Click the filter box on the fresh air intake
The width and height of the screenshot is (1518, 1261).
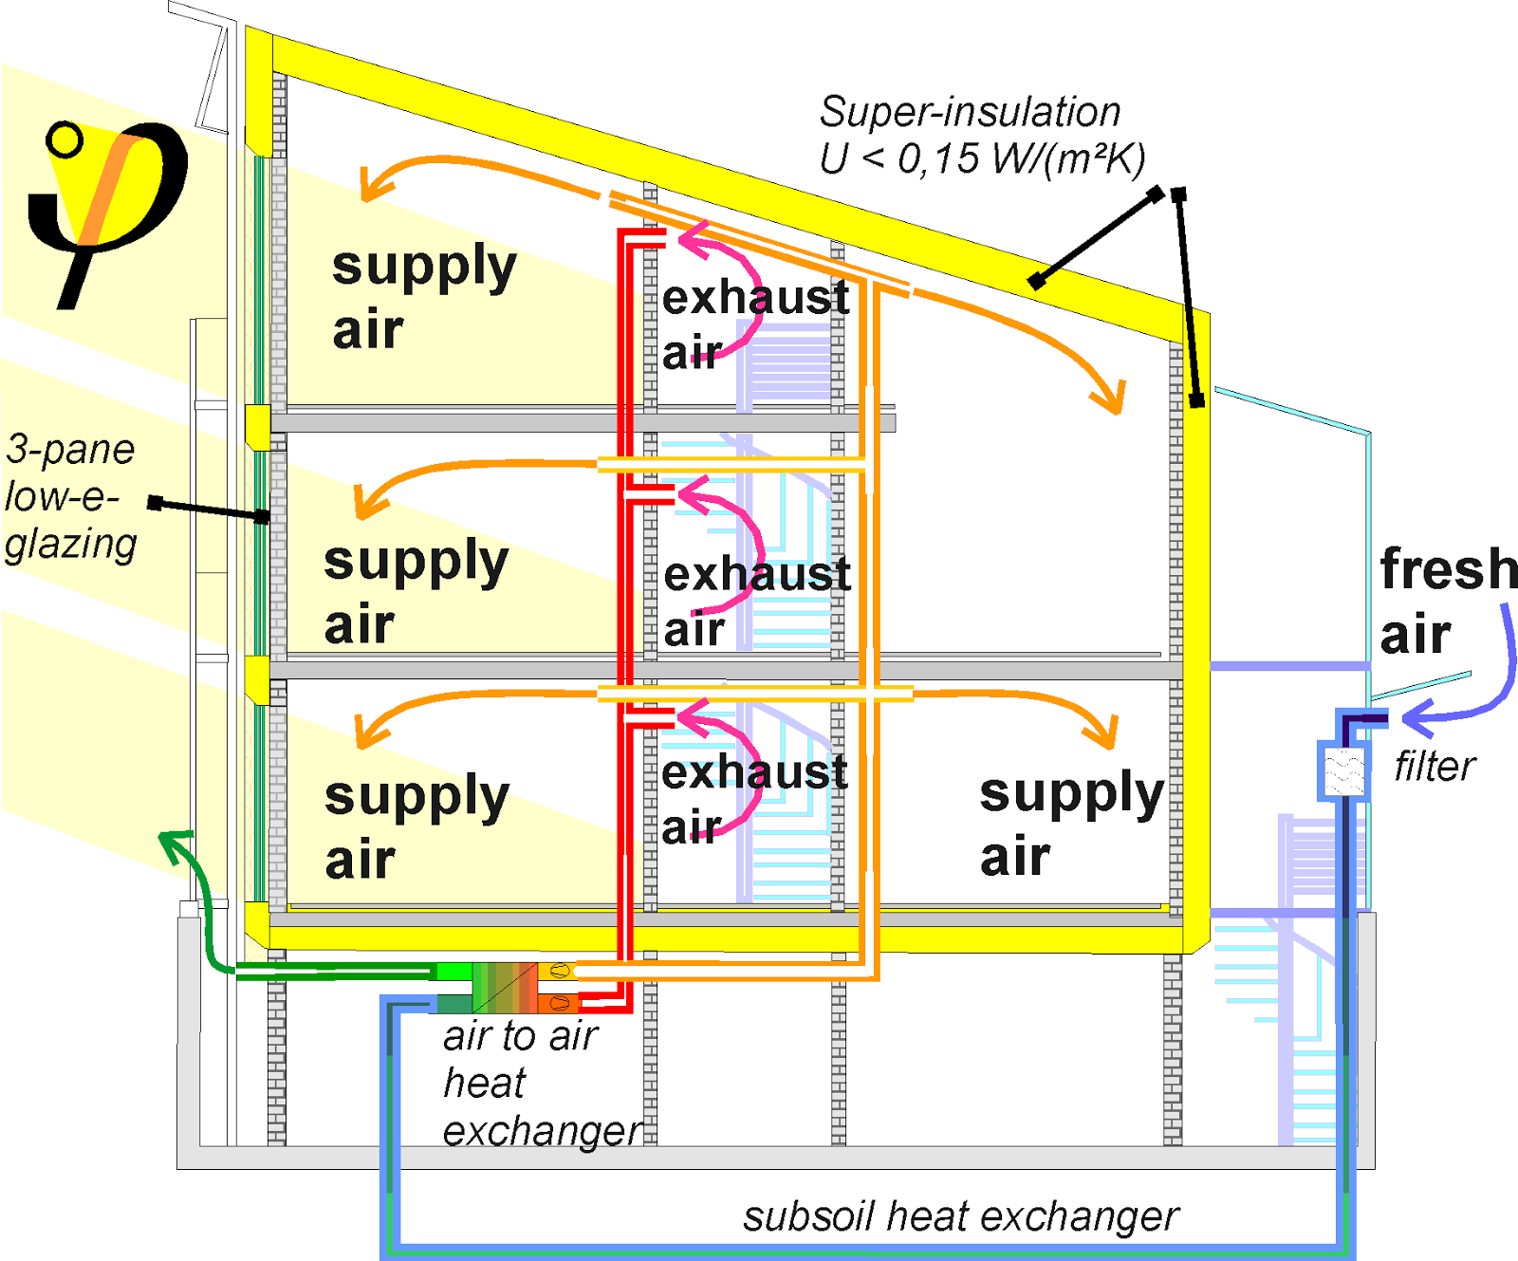1344,770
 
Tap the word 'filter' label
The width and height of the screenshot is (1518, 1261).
1435,767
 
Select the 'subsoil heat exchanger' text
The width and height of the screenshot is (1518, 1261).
960,1216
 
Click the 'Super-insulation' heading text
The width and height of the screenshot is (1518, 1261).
970,112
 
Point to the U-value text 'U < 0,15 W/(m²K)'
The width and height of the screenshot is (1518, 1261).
982,158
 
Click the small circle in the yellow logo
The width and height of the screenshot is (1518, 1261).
65,140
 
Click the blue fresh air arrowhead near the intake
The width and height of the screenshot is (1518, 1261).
1419,716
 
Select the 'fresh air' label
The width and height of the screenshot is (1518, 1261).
1448,601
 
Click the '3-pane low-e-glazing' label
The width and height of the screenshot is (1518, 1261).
71,496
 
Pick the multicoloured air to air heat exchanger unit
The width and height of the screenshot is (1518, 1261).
507,988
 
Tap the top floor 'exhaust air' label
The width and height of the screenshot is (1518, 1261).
755,325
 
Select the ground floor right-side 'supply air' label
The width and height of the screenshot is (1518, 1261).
1071,824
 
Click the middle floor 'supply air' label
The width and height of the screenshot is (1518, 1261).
416,592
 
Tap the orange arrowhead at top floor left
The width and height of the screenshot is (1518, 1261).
375,184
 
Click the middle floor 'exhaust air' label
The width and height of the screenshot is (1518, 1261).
756,602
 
